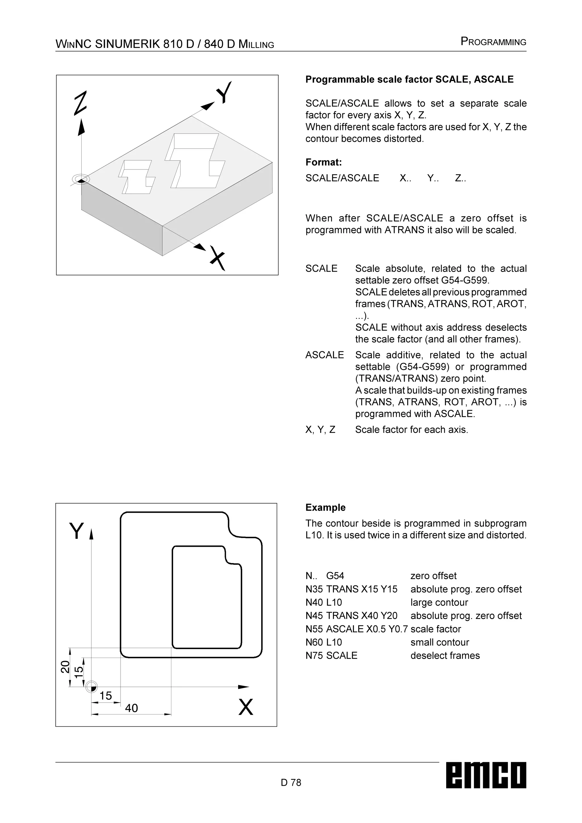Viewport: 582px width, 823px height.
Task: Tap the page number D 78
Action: click(291, 782)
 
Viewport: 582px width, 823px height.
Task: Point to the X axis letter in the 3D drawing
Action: click(217, 258)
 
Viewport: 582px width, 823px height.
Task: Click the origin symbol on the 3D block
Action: click(81, 179)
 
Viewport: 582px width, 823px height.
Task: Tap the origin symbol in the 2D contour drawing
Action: click(92, 687)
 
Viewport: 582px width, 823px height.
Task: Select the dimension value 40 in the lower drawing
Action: click(131, 708)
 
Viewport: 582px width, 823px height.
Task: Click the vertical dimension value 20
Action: click(65, 667)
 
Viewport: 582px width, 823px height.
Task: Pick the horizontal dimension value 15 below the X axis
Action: click(105, 696)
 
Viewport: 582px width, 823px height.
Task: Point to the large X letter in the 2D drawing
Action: click(246, 707)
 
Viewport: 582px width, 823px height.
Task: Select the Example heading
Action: click(325, 508)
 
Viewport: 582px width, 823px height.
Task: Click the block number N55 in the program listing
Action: click(314, 629)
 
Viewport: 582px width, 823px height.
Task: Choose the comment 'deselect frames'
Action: click(445, 656)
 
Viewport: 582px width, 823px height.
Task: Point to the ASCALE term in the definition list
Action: click(324, 355)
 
